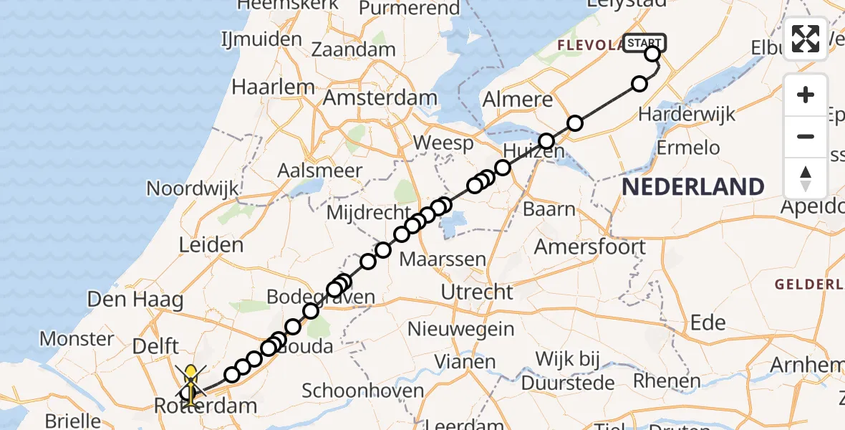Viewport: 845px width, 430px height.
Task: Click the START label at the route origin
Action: point(644,43)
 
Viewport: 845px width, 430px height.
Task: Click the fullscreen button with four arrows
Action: point(806,38)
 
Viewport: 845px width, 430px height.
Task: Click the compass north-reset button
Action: point(806,178)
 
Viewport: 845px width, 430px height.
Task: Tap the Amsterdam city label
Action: point(380,97)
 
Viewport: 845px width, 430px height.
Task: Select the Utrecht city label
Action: point(477,292)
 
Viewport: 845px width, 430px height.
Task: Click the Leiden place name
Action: point(211,245)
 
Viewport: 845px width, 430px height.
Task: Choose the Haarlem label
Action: point(273,87)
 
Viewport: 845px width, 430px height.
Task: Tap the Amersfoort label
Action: point(590,247)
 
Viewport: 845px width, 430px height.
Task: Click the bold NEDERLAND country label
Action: point(692,187)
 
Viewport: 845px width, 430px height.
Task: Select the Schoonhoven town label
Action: point(363,391)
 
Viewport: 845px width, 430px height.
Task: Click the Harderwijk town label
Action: point(686,114)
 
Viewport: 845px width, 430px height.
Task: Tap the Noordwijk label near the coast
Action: point(192,188)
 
